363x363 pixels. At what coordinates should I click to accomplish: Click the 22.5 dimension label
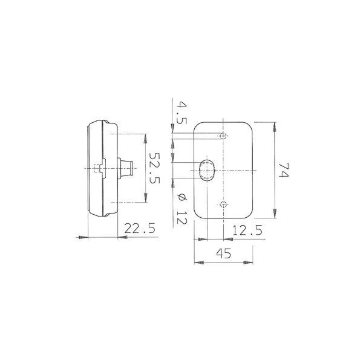pos(140,228)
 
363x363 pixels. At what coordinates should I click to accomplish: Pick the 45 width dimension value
pos(222,254)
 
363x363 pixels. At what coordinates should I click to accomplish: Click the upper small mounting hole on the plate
pos(224,135)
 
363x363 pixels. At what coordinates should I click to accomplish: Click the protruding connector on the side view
pos(127,168)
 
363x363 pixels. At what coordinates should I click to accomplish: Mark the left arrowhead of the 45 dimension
pos(197,263)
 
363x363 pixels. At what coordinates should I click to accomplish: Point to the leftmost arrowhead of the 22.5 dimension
pos(80,238)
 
